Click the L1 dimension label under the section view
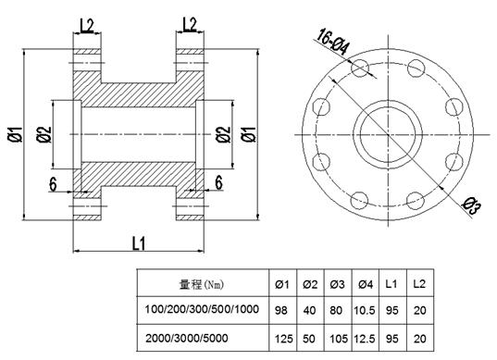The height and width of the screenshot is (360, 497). [139, 243]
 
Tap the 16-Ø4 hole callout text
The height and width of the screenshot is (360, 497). [333, 42]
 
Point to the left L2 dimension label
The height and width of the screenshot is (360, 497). [86, 26]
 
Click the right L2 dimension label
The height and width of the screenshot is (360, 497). [190, 25]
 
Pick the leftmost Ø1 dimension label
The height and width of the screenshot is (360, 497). [15, 134]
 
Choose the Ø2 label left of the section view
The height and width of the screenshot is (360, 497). [44, 134]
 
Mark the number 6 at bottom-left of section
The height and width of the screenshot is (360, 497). [53, 185]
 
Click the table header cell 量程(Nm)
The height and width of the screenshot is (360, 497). [202, 285]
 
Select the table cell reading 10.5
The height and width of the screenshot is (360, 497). [365, 310]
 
